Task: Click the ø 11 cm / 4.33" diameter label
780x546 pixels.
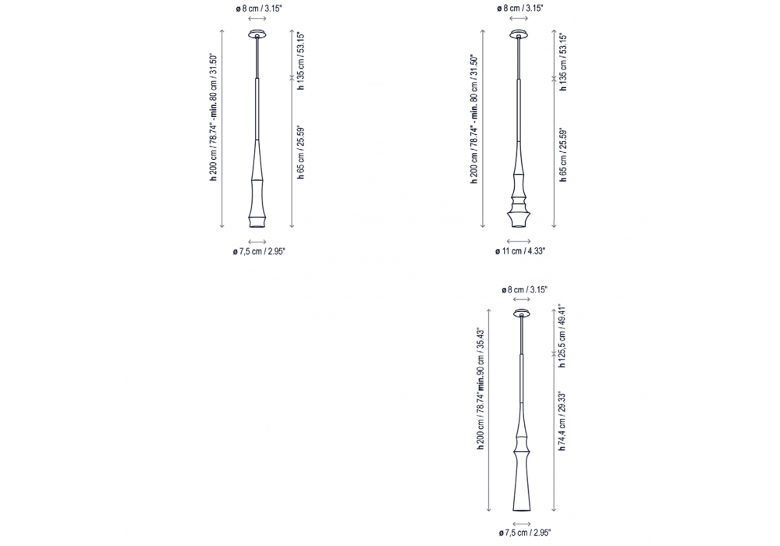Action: tap(519, 251)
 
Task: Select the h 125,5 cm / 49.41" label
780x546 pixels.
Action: tap(562, 336)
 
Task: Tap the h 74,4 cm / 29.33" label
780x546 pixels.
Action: tap(562, 420)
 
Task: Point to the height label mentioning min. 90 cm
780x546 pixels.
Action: tap(480, 389)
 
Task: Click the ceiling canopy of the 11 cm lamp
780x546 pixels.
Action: tap(519, 34)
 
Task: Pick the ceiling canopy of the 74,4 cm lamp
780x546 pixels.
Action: tap(522, 314)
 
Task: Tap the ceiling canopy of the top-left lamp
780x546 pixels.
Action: tap(257, 34)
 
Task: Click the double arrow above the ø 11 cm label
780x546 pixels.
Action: tap(519, 241)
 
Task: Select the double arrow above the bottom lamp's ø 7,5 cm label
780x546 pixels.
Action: tap(522, 523)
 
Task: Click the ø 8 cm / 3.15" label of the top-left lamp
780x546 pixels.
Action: tap(259, 9)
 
